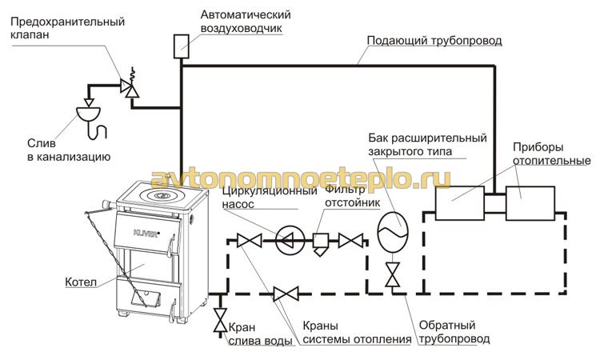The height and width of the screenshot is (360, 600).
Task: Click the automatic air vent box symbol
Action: [x=182, y=46]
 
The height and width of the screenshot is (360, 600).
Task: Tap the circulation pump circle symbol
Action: [x=290, y=241]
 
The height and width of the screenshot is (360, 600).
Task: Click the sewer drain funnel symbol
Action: [x=88, y=114]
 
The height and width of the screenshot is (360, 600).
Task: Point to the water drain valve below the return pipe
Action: [x=221, y=320]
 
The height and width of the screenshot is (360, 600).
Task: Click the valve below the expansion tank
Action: [x=393, y=274]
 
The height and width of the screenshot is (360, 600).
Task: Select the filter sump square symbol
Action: [x=320, y=240]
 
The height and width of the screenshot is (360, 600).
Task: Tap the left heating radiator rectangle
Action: [x=460, y=203]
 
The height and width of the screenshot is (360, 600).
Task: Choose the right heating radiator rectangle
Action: [x=530, y=203]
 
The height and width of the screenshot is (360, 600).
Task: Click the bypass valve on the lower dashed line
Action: [x=286, y=294]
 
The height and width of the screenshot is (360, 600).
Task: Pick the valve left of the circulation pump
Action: [x=250, y=241]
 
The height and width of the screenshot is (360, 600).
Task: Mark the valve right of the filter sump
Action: [x=350, y=241]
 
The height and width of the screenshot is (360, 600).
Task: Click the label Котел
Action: [x=81, y=282]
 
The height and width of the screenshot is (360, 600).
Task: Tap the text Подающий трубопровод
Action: [x=434, y=41]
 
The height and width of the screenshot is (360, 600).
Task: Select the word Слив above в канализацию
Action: [x=42, y=143]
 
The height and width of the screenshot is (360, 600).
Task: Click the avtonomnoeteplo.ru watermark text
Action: [x=300, y=178]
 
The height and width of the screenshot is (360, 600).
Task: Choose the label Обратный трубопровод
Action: [x=454, y=332]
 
